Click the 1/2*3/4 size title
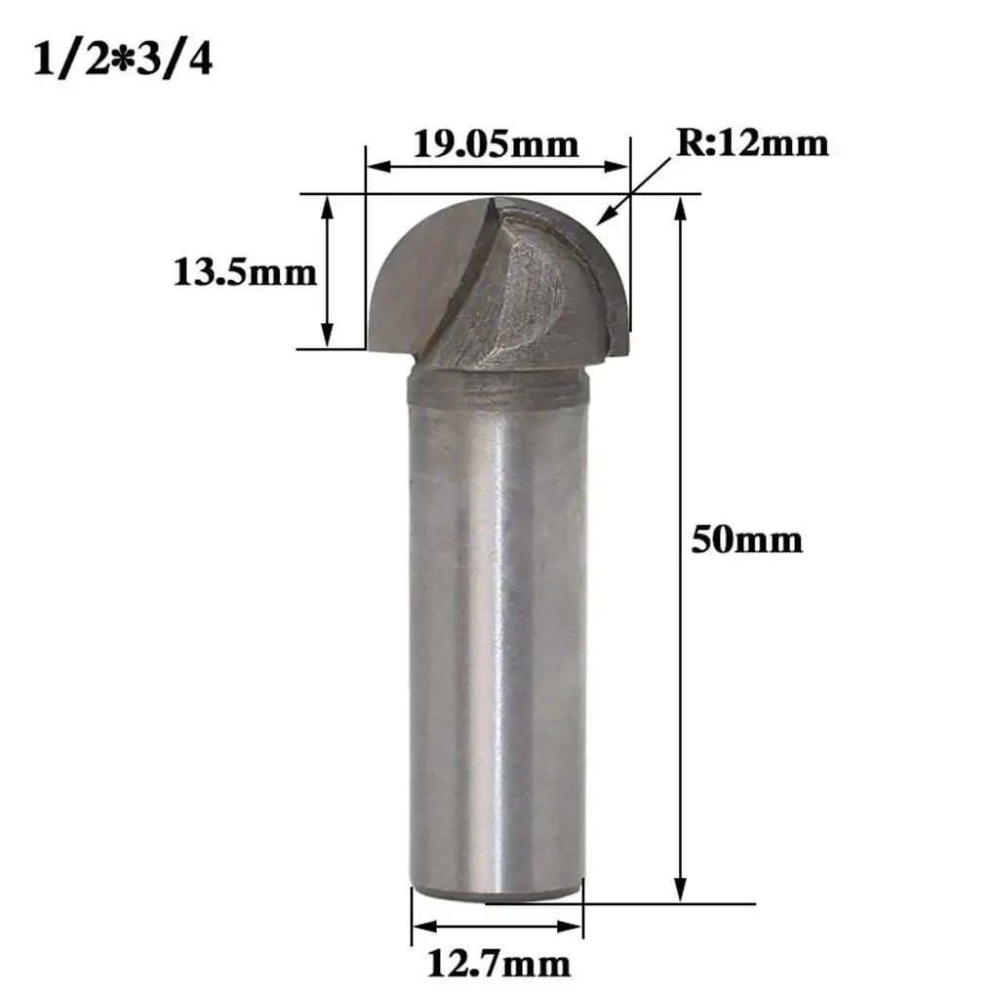click(x=122, y=60)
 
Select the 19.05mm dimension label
click(x=496, y=144)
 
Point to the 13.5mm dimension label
click(x=245, y=271)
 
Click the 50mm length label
click(x=746, y=539)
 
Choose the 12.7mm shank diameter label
click(x=498, y=964)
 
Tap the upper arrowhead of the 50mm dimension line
click(x=681, y=208)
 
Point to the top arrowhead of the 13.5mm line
click(x=328, y=206)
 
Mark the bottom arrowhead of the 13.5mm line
click(x=328, y=336)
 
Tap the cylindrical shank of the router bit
click(x=497, y=634)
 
